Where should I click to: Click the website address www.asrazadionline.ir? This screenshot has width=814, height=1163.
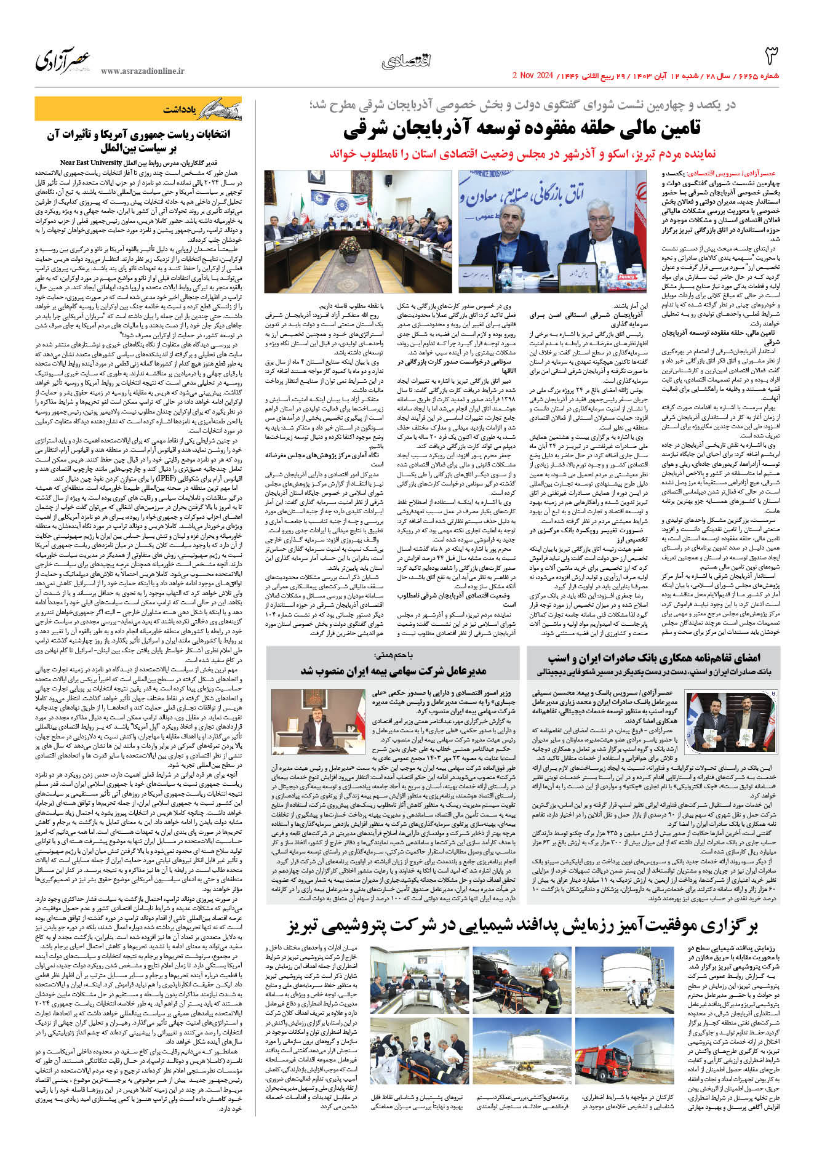tap(142, 71)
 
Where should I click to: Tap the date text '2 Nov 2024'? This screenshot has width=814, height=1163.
tap(533, 76)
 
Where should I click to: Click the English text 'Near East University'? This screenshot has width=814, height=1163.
tap(92, 162)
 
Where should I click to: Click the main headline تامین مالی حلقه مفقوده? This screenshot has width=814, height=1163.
tap(522, 129)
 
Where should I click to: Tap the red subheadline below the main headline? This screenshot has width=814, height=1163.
tap(522, 153)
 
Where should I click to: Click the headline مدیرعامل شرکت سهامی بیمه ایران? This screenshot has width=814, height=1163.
tap(393, 670)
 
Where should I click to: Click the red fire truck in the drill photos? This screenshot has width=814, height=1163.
tap(624, 1058)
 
